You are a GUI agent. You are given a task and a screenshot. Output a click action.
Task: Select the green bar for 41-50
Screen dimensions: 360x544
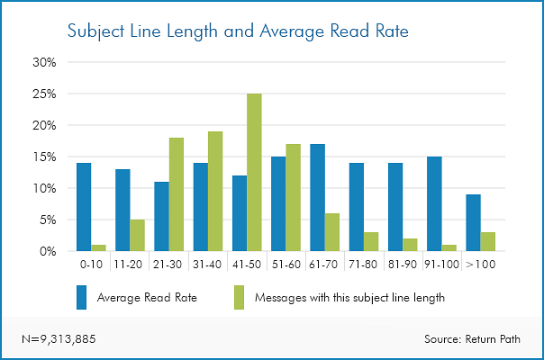coord(255,173)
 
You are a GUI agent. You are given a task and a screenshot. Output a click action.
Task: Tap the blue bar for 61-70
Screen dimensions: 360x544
coord(317,198)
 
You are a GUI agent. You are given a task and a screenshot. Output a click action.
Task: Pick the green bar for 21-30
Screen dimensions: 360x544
coord(177,194)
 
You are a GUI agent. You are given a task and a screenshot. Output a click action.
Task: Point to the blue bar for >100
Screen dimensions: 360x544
coord(473,223)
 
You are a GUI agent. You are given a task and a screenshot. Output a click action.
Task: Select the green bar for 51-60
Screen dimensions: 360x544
coord(294,198)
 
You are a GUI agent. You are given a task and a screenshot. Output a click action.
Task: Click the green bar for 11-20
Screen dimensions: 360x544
coord(138,236)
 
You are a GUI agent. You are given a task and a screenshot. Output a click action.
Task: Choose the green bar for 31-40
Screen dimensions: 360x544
coord(215,192)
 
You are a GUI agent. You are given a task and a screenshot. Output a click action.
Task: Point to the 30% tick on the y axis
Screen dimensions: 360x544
coord(44,63)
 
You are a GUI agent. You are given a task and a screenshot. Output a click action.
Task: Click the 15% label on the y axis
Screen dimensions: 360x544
coord(44,157)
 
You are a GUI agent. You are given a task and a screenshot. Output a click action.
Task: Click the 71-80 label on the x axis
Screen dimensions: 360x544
coord(363,265)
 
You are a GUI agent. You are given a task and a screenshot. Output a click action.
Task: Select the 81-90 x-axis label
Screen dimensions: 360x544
coord(403,265)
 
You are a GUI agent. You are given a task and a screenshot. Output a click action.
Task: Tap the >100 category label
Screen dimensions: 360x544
coord(480,265)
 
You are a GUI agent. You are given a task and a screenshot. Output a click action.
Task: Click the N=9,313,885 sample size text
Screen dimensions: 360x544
coord(59,338)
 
